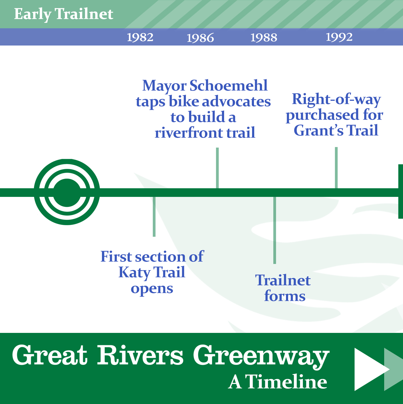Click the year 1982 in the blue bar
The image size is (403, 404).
pyautogui.click(x=140, y=37)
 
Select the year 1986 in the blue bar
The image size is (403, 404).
pyautogui.click(x=200, y=38)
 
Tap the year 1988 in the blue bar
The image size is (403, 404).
pyautogui.click(x=264, y=37)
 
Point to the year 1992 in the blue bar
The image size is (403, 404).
pyautogui.click(x=339, y=37)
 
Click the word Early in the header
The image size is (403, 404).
pyautogui.click(x=32, y=15)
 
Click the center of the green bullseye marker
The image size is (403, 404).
pyautogui.click(x=67, y=192)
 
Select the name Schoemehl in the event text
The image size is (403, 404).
pyautogui.click(x=229, y=86)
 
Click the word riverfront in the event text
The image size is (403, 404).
pyautogui.click(x=189, y=133)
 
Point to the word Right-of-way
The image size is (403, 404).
pyautogui.click(x=336, y=99)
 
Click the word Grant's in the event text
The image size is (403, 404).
pyautogui.click(x=319, y=131)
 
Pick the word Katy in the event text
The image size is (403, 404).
pyautogui.click(x=135, y=273)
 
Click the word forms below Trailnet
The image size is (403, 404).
pyautogui.click(x=285, y=296)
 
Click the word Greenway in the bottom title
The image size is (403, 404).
pyautogui.click(x=261, y=356)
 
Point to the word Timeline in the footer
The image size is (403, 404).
pyautogui.click(x=287, y=382)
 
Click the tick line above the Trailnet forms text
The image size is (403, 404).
pyautogui.click(x=275, y=230)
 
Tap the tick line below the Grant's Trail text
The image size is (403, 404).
pyautogui.click(x=336, y=168)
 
